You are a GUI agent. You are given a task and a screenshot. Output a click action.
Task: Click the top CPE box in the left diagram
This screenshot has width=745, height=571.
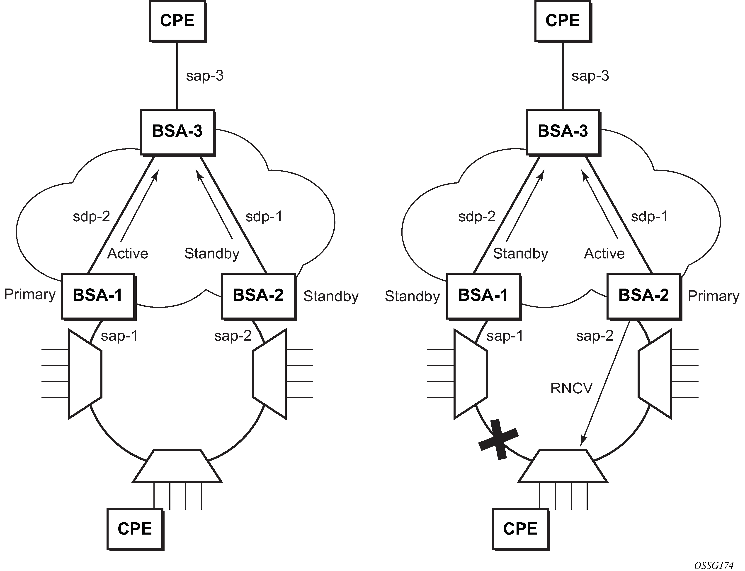(177, 21)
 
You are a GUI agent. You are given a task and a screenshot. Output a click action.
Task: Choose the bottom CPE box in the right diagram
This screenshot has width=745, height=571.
(520, 529)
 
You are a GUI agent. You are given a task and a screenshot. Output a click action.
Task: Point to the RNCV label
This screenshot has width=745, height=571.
(571, 388)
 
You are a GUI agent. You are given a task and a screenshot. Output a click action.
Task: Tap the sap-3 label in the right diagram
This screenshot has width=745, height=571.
(590, 76)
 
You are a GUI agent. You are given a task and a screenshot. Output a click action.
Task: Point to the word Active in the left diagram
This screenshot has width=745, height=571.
(128, 253)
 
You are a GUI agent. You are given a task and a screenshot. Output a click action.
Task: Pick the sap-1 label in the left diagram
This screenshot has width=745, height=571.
(119, 336)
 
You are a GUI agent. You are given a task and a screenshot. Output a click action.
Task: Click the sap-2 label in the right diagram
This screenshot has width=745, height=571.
(595, 336)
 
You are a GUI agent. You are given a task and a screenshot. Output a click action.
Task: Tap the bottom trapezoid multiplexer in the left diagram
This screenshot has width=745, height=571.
(177, 466)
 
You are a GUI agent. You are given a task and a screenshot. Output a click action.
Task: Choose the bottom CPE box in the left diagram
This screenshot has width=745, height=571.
(135, 529)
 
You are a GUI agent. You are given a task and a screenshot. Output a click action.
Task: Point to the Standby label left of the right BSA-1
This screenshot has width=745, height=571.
(412, 296)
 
